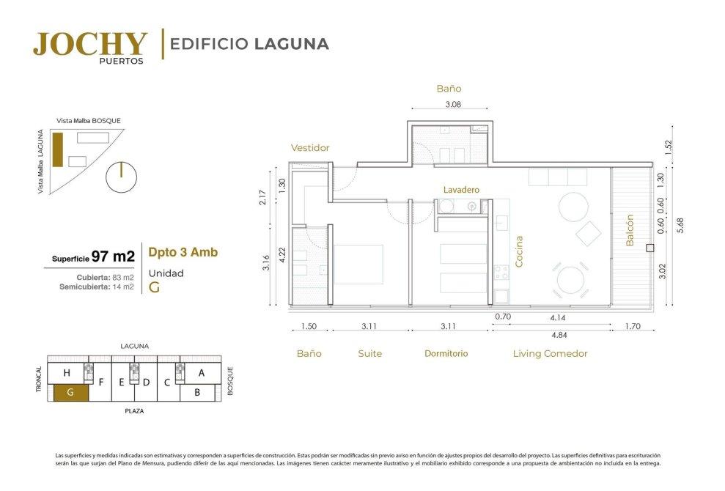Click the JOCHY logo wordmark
coord(90,44)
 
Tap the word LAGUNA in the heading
coord(292,44)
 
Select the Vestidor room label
coord(310,148)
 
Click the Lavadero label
coord(461,190)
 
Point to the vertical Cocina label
coord(519,251)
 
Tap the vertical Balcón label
coord(629,230)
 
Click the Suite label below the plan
coord(370,354)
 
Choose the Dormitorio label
coord(446,354)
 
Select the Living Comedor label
coord(551,354)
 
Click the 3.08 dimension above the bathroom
coord(453,105)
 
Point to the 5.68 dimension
coord(680,225)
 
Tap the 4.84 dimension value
coord(559,335)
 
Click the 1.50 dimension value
coord(309,326)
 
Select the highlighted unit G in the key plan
coord(70,393)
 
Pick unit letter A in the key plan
coord(201,372)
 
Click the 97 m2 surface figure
coord(113,256)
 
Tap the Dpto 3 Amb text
coord(183,252)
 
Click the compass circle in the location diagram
coord(121,177)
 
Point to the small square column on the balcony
coord(649,248)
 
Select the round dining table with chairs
coord(570,280)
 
